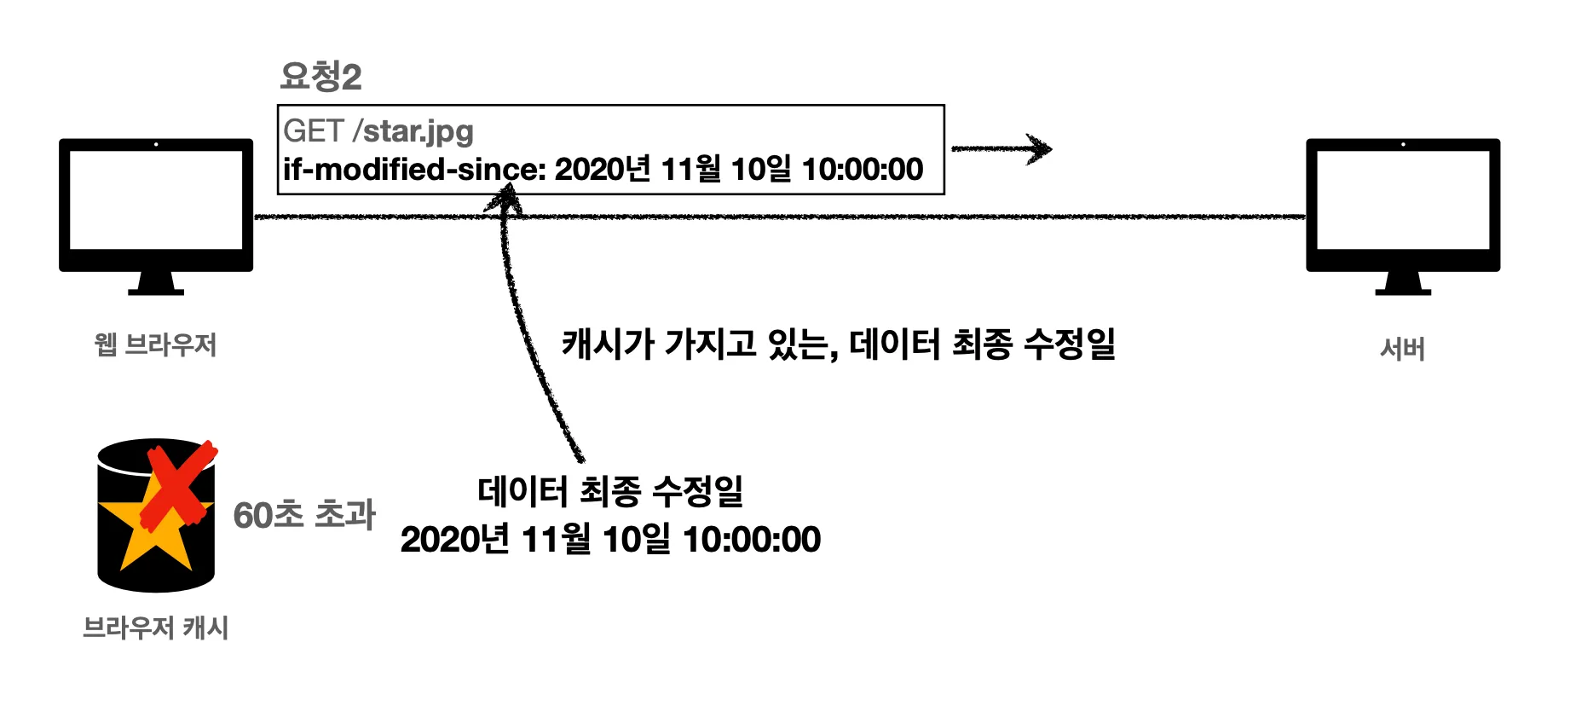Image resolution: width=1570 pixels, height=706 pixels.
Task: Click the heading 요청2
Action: pos(320,77)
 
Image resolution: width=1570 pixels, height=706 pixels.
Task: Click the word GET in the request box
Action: pos(313,131)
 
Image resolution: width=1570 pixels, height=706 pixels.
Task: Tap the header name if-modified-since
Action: pos(413,170)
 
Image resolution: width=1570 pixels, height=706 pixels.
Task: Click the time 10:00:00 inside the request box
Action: pos(863,170)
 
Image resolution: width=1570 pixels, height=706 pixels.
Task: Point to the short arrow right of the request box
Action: pos(1001,149)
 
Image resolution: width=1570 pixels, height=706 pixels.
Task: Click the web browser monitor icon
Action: pos(156,201)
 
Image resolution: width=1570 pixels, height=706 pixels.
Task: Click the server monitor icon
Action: pos(1403,201)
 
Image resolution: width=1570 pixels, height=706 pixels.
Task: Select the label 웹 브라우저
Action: pos(155,344)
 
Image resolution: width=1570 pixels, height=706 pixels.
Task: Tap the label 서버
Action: pos(1402,349)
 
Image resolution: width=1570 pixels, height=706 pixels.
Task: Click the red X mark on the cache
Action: pos(177,486)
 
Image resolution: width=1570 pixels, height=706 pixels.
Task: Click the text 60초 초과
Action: pos(304,514)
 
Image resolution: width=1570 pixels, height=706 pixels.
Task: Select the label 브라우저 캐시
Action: pos(155,628)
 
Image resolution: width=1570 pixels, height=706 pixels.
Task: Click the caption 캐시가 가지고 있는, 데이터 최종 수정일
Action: pos(839,344)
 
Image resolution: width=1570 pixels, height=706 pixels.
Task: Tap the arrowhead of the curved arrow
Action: pos(503,198)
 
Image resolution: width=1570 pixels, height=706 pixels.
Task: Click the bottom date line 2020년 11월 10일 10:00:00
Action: pos(610,539)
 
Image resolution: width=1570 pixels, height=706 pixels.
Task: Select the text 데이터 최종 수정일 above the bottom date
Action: pos(610,491)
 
